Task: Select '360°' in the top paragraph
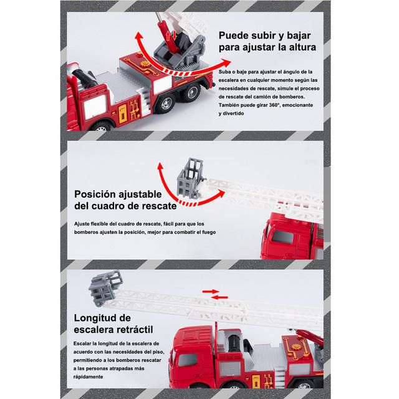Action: tap(274, 105)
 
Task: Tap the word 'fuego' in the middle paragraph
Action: tap(209, 232)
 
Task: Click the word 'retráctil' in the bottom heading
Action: tap(135, 330)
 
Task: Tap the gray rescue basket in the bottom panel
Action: tap(105, 287)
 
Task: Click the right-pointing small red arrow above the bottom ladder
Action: tap(211, 291)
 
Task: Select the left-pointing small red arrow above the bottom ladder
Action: tap(219, 297)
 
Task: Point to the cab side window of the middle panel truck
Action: tap(282, 237)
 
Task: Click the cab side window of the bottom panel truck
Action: tap(188, 360)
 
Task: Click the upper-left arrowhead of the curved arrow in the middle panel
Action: tap(160, 167)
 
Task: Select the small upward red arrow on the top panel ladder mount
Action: tap(168, 36)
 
